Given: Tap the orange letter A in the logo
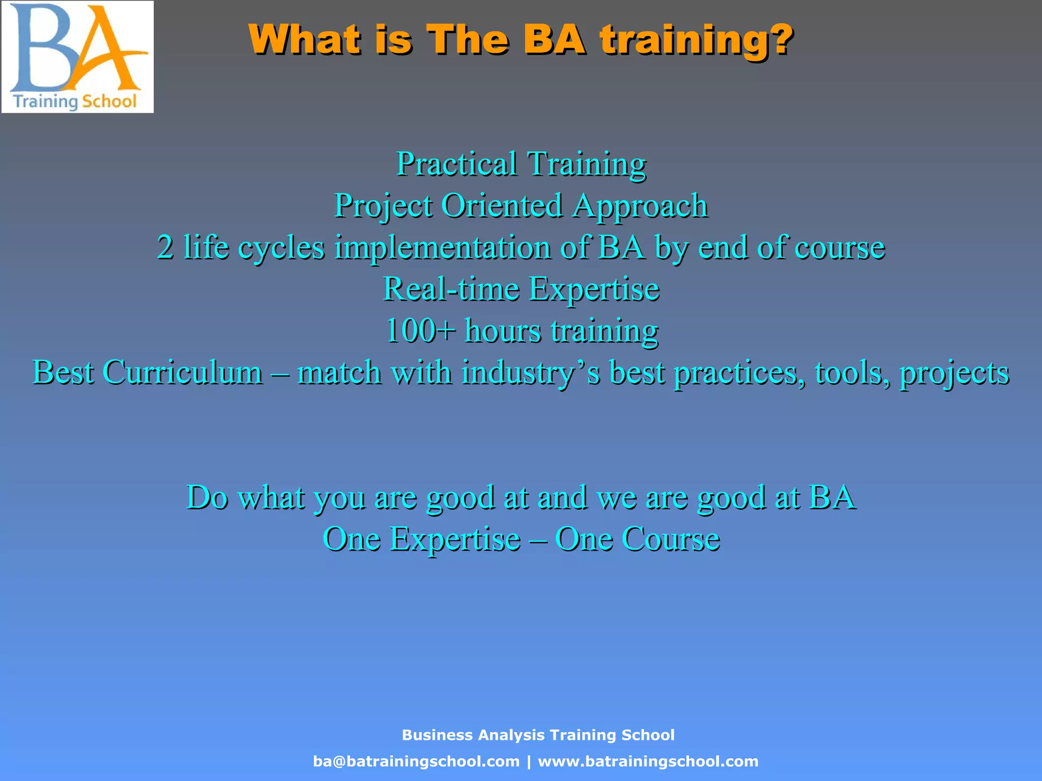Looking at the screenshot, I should (x=104, y=51).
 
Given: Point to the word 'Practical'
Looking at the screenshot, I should (x=456, y=164).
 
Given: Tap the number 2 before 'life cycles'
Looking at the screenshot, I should (x=165, y=247).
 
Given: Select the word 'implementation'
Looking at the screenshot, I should (x=443, y=247).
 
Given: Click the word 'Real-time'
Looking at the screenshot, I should (x=451, y=289).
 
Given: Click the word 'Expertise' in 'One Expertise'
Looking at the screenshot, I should (x=455, y=538).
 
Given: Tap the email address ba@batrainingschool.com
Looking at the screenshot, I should (x=416, y=761).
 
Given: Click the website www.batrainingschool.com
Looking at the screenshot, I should (x=648, y=761).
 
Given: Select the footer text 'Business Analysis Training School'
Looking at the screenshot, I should (x=538, y=735).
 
